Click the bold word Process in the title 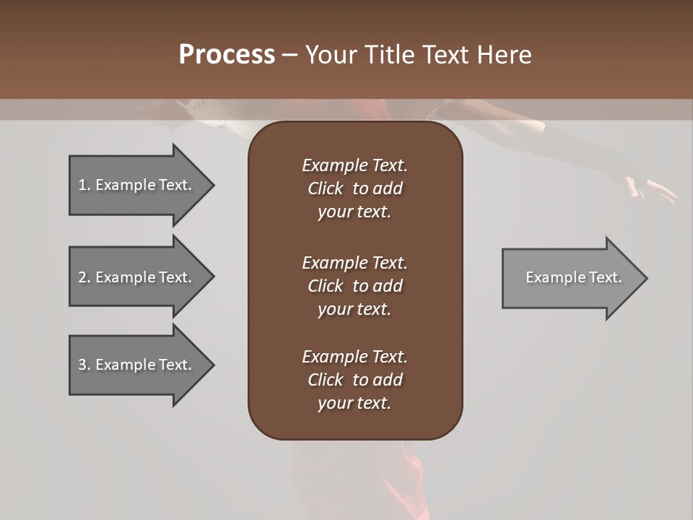pyautogui.click(x=227, y=55)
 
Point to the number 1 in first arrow pyautogui.click(x=82, y=185)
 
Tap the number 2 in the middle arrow pyautogui.click(x=82, y=277)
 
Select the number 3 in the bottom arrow pyautogui.click(x=82, y=365)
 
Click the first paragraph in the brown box pyautogui.click(x=354, y=188)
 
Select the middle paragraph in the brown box pyautogui.click(x=354, y=286)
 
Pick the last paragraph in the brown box pyautogui.click(x=354, y=380)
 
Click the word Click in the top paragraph pyautogui.click(x=325, y=188)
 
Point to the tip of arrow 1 pyautogui.click(x=213, y=185)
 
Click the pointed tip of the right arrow pyautogui.click(x=646, y=278)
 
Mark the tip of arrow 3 pyautogui.click(x=213, y=365)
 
